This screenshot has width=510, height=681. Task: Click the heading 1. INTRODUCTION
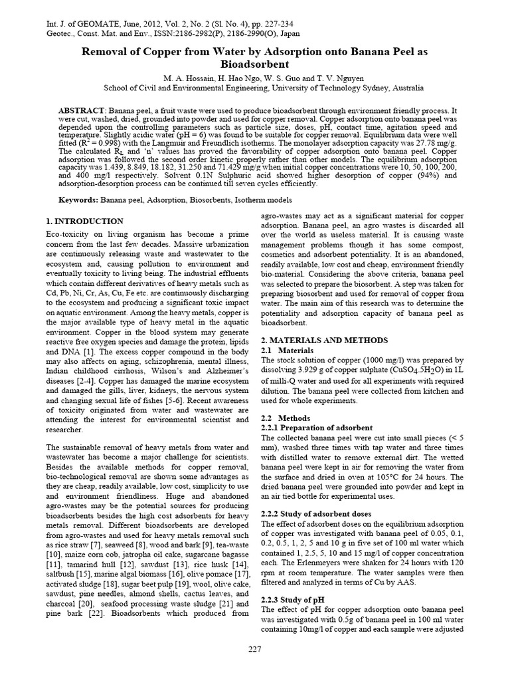coord(84,221)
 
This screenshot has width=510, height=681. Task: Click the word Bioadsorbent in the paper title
coord(255,65)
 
